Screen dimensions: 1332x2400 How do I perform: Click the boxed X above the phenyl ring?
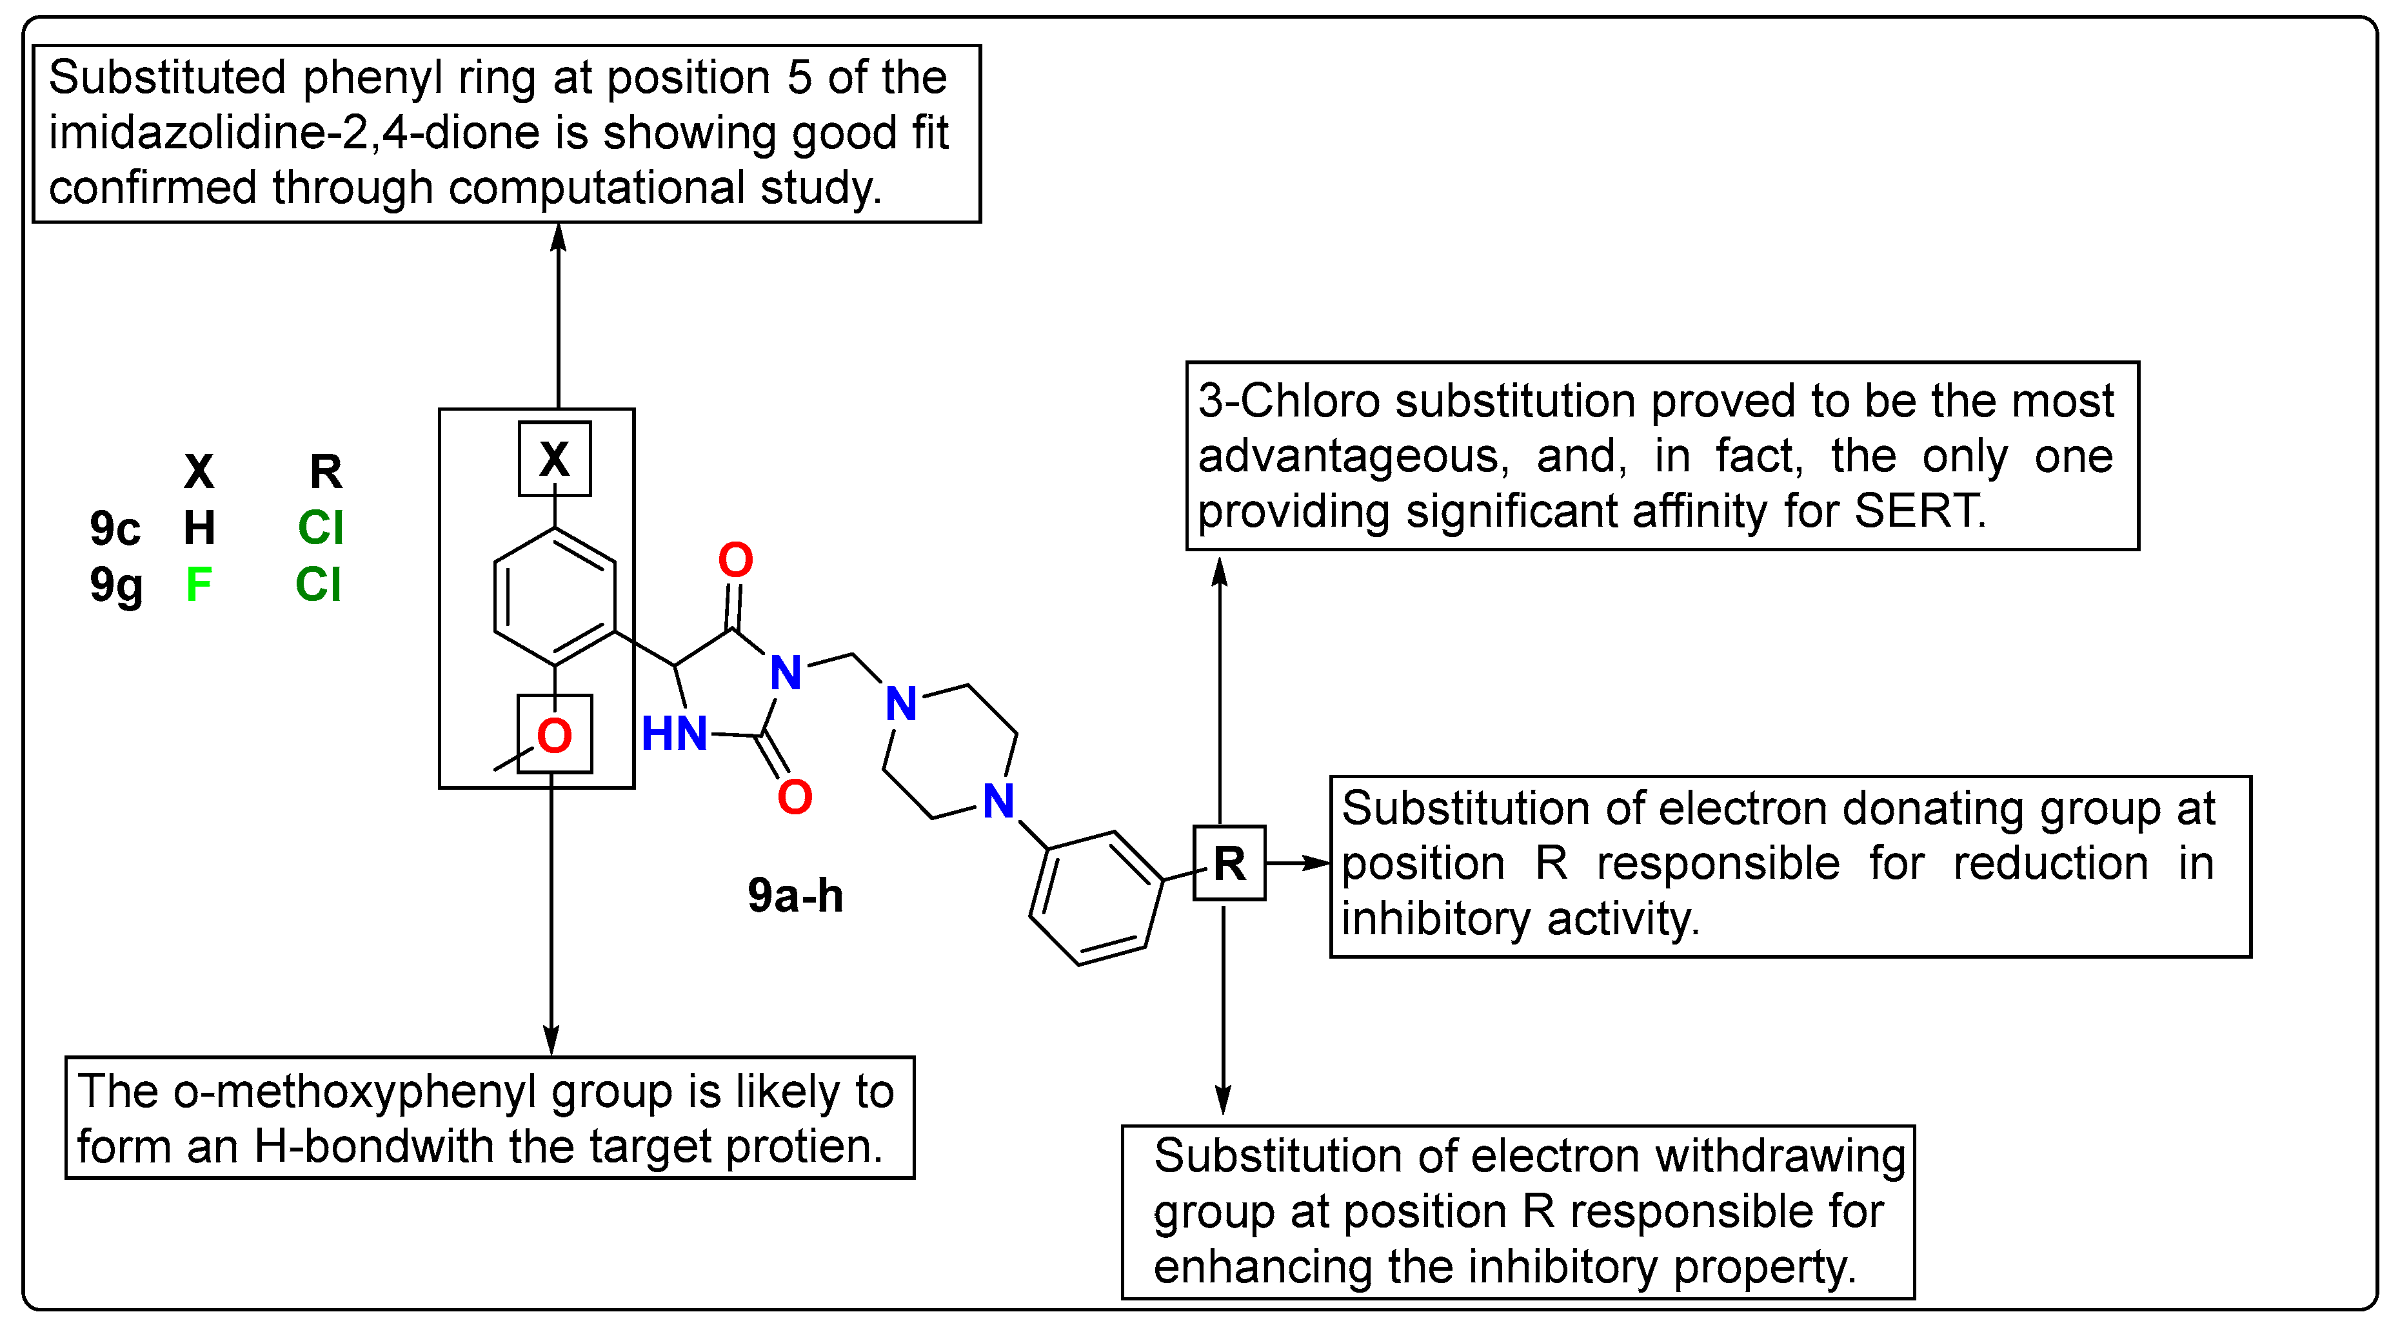click(554, 458)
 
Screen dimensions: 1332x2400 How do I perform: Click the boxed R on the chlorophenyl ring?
click(1229, 863)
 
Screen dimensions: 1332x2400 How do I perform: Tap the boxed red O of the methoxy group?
click(554, 736)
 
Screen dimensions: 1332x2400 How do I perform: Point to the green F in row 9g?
click(199, 585)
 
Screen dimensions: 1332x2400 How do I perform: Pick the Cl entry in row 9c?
click(321, 528)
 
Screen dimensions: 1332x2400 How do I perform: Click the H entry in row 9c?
click(199, 528)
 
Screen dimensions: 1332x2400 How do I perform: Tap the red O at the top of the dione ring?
click(735, 560)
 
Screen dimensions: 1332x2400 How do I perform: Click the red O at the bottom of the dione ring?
click(794, 796)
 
